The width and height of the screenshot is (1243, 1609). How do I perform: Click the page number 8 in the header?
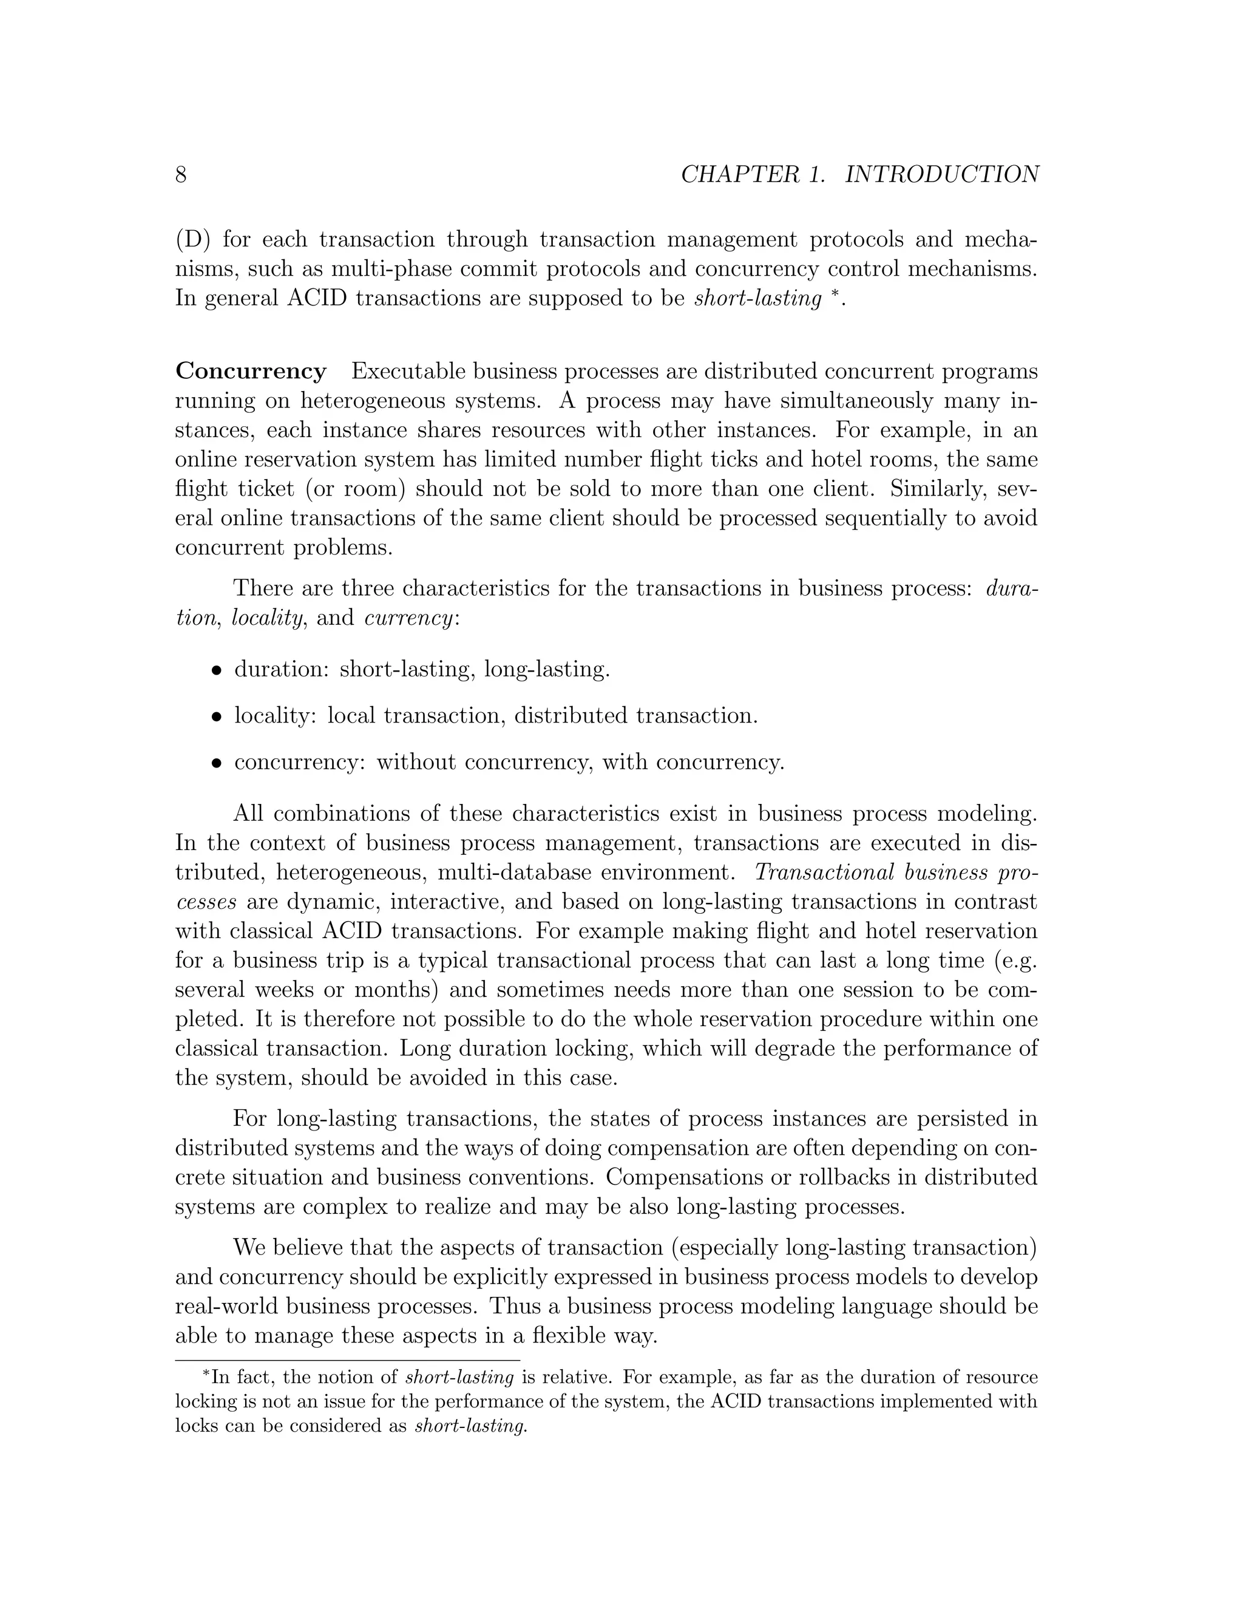[180, 175]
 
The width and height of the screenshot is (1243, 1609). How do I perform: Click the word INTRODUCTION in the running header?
[942, 175]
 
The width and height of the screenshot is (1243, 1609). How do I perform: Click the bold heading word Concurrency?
[251, 372]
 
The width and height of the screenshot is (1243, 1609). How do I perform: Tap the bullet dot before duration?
[217, 670]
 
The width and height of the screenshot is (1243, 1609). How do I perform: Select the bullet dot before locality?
[217, 716]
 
